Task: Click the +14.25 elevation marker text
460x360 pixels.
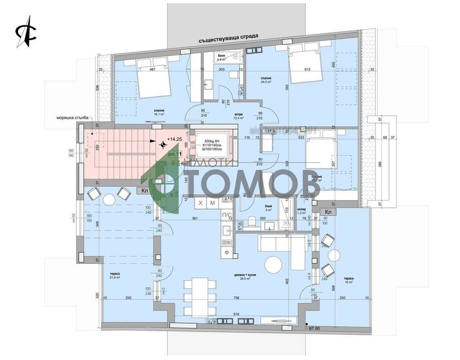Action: [174, 139]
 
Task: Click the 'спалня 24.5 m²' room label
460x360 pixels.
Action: [266, 80]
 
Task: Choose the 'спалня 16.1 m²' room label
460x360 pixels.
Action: [158, 113]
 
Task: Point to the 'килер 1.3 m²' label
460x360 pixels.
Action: [303, 211]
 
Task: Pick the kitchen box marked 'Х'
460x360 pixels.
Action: [200, 204]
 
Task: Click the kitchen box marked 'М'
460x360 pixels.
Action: [213, 204]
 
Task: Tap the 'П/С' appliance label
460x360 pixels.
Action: [226, 213]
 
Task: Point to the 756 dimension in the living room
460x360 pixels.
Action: [236, 298]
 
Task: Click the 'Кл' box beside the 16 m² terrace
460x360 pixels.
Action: [327, 211]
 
